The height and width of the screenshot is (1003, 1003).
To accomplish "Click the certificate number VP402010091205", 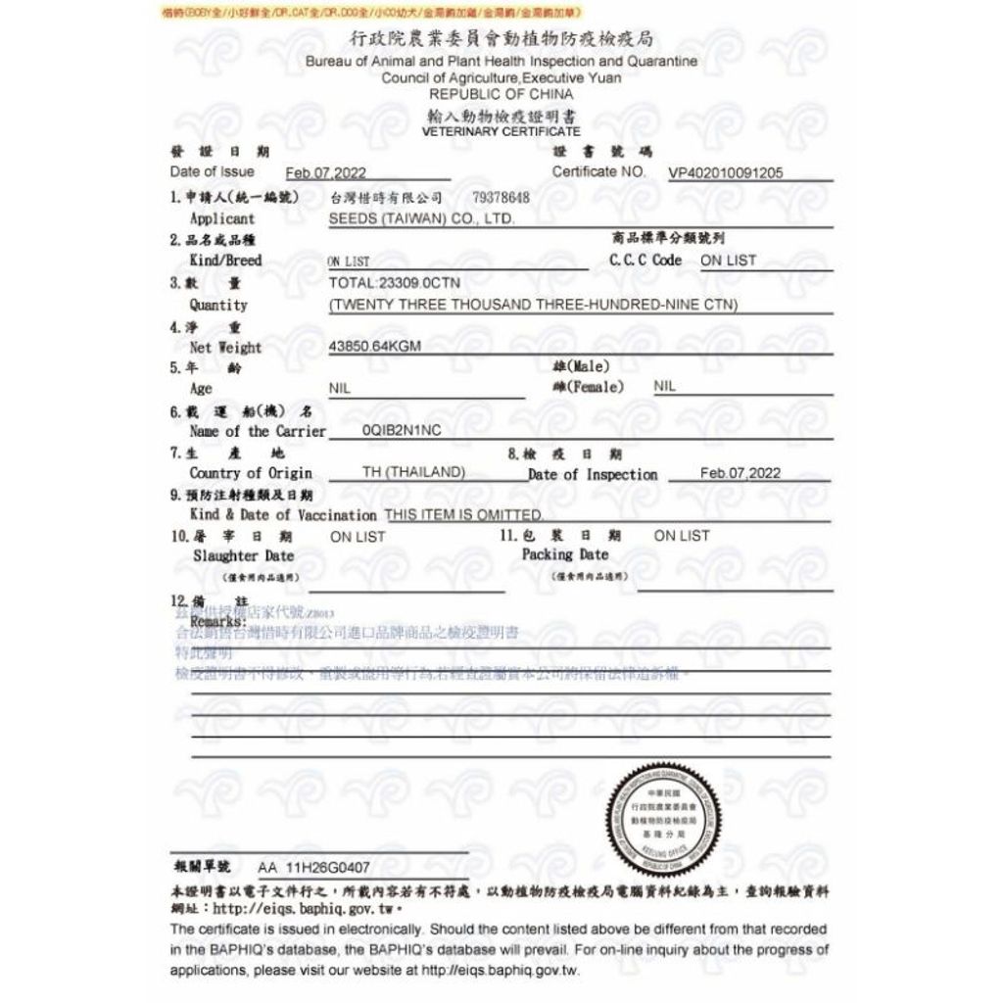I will (725, 173).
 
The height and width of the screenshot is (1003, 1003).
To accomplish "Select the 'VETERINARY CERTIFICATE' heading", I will (501, 131).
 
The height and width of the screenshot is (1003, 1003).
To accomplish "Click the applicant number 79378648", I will (501, 198).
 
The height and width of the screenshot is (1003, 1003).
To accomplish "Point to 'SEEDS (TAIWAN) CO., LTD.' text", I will (421, 218).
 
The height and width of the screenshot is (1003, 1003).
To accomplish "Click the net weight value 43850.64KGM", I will (375, 347).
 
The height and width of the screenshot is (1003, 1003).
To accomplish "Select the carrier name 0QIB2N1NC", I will (402, 430).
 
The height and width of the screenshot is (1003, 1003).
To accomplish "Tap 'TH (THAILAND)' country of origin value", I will (412, 472).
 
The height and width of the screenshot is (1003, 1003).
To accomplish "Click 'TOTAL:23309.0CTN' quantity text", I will (387, 282).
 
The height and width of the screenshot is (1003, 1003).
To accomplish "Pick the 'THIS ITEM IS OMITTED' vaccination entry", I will (463, 514).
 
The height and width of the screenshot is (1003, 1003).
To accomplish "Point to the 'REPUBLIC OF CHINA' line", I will (501, 94).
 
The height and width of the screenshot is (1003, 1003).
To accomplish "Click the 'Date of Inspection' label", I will (593, 474).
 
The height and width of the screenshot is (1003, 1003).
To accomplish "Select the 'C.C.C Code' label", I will (645, 261).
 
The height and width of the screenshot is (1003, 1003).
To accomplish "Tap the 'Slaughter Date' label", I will (243, 555).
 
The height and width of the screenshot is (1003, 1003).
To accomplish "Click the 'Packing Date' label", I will (564, 554).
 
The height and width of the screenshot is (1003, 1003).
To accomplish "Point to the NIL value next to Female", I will (664, 387).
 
